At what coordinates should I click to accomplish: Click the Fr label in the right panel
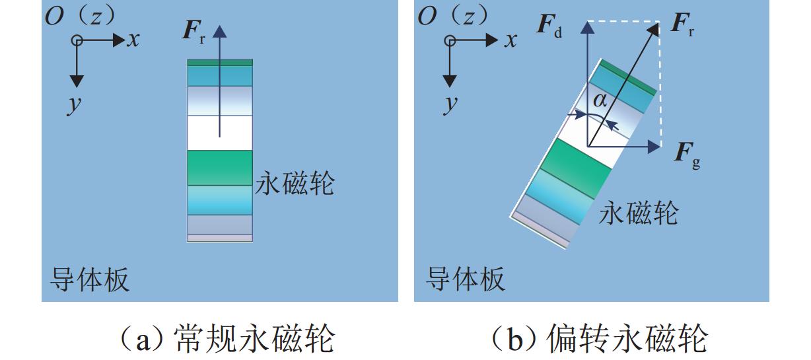click(x=682, y=24)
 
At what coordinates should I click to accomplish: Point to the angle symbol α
click(x=600, y=100)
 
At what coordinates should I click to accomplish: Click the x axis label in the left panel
click(x=133, y=40)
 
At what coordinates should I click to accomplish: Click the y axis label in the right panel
click(x=451, y=104)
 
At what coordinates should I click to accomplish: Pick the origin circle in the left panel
click(x=77, y=41)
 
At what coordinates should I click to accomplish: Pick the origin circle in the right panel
click(x=450, y=41)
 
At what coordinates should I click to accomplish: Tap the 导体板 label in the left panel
click(x=90, y=279)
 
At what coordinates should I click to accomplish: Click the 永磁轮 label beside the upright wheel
click(x=295, y=183)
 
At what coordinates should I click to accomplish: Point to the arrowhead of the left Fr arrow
click(x=220, y=29)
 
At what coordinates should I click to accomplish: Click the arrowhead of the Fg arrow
click(x=654, y=147)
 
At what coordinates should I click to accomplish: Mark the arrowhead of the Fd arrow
click(x=586, y=26)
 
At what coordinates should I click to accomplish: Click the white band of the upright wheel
click(x=220, y=133)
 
